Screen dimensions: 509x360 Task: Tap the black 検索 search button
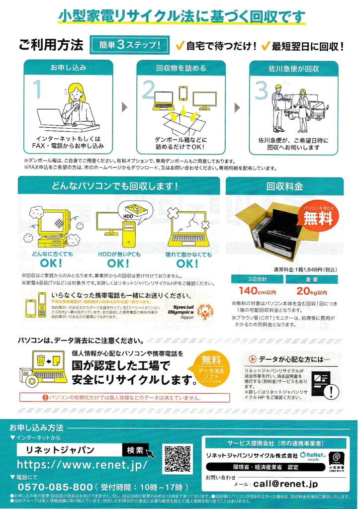click(135, 450)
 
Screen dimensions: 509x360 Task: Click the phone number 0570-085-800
click(55, 486)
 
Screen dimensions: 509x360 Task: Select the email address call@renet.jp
click(285, 484)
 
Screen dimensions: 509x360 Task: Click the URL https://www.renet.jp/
click(82, 465)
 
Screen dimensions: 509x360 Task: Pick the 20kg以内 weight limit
click(311, 292)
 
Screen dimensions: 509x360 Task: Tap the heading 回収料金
click(284, 186)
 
